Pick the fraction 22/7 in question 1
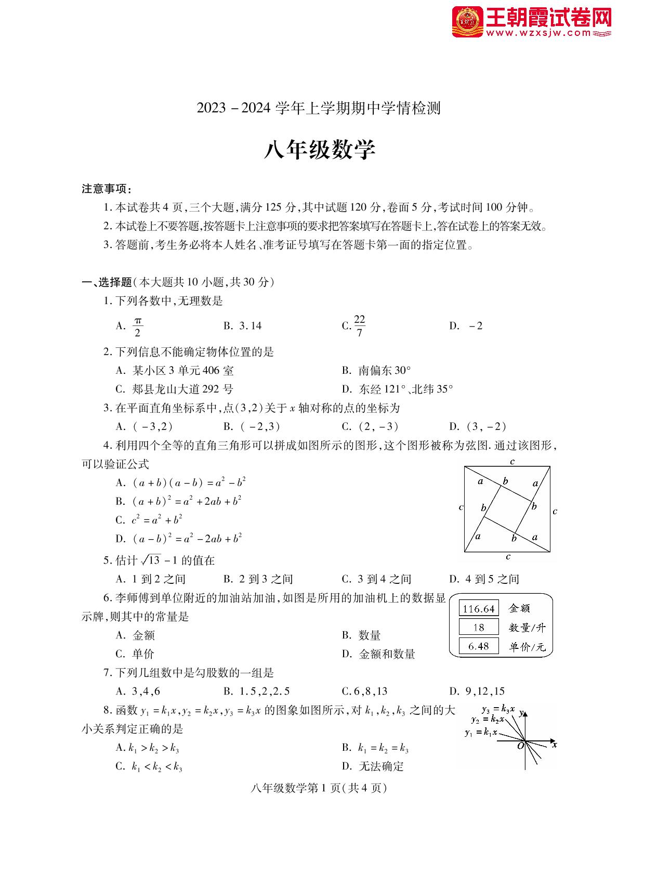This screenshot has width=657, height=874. (x=359, y=326)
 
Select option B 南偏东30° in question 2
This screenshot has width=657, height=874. (x=377, y=371)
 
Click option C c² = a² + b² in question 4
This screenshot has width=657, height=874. (x=149, y=519)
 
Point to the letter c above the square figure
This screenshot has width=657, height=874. (x=512, y=461)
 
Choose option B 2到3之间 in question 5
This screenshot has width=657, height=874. (x=258, y=579)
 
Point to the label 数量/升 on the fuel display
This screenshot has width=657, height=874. (x=527, y=628)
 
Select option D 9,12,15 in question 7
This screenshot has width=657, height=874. (x=477, y=691)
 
